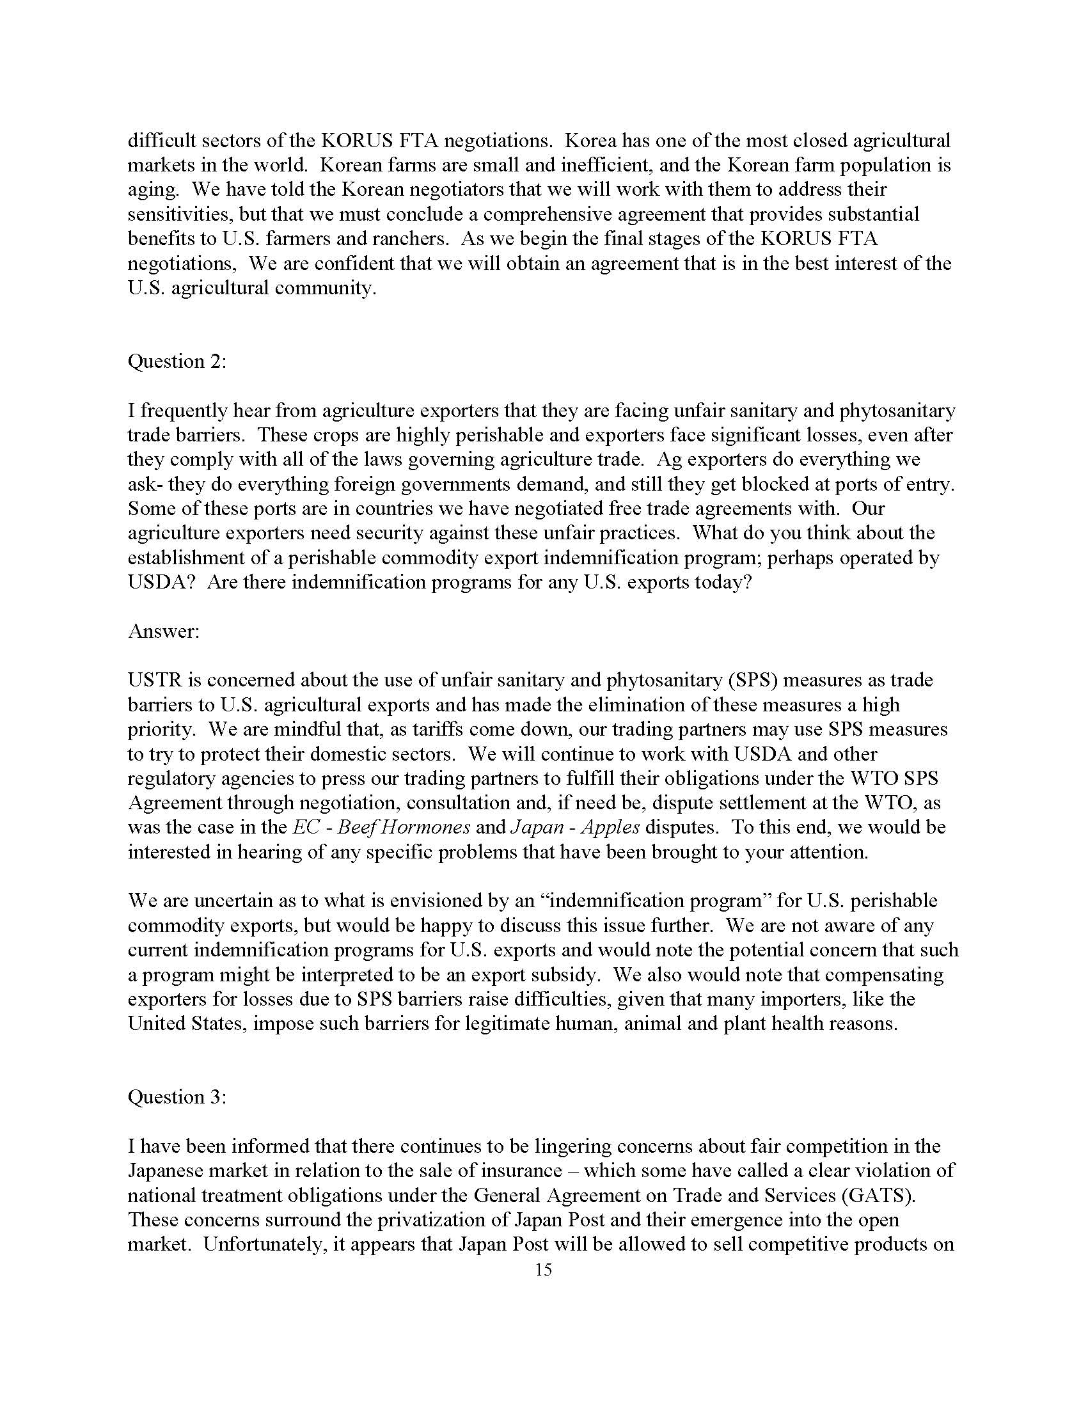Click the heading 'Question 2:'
pyautogui.click(x=177, y=361)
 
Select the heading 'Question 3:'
pyautogui.click(x=177, y=1096)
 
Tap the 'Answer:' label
pyautogui.click(x=164, y=631)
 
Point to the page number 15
pyautogui.click(x=543, y=1269)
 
